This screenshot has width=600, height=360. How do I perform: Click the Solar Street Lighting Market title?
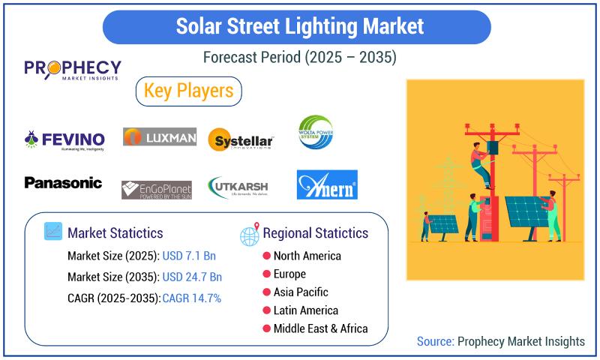pyautogui.click(x=299, y=26)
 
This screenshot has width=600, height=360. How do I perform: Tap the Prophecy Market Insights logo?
pyautogui.click(x=72, y=72)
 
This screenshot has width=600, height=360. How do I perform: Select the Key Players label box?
pyautogui.click(x=188, y=91)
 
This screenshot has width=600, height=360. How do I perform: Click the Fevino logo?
pyautogui.click(x=64, y=139)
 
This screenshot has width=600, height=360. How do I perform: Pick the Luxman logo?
pyautogui.click(x=160, y=136)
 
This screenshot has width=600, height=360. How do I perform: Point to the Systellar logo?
pyautogui.click(x=241, y=139)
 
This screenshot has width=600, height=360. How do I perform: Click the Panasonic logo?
pyautogui.click(x=63, y=182)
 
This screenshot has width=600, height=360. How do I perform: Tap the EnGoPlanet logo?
pyautogui.click(x=156, y=189)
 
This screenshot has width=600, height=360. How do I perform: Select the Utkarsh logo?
pyautogui.click(x=238, y=186)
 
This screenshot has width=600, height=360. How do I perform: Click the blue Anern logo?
pyautogui.click(x=327, y=184)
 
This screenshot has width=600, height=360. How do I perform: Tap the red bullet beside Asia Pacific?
pyautogui.click(x=266, y=292)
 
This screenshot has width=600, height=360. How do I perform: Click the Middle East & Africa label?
pyautogui.click(x=320, y=328)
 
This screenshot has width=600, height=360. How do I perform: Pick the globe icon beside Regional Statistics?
pyautogui.click(x=249, y=235)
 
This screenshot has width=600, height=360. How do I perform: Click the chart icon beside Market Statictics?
pyautogui.click(x=53, y=232)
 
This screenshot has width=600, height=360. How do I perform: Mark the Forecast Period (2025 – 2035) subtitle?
pyautogui.click(x=299, y=58)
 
